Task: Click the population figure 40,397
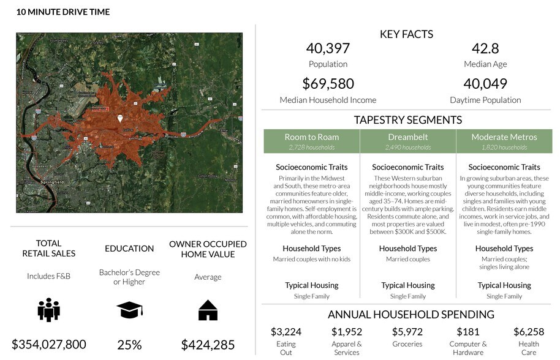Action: point(328,48)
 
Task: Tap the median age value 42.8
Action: point(485,48)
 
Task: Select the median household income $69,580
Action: point(328,84)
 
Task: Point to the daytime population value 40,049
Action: point(485,84)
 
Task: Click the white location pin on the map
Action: point(120,118)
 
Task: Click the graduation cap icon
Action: point(129,310)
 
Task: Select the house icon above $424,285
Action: point(208,310)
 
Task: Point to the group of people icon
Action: point(48,310)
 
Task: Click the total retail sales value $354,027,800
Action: point(48,344)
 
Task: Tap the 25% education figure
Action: point(129,345)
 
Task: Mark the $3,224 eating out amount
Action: point(286,332)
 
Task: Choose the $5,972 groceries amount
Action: point(407,332)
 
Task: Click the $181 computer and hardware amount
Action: point(468,332)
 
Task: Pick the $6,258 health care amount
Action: point(529,332)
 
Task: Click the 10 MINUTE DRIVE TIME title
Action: point(63,12)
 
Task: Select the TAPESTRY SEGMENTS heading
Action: point(407,120)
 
